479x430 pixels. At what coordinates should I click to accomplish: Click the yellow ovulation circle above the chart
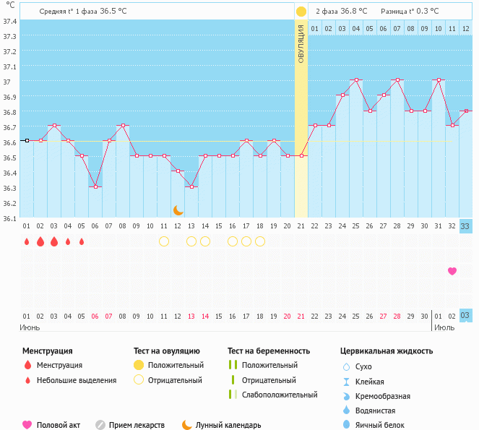pyautogui.click(x=301, y=12)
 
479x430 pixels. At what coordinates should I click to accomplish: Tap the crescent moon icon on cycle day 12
pyautogui.click(x=178, y=210)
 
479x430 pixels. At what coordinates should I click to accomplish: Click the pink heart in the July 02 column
pyautogui.click(x=452, y=271)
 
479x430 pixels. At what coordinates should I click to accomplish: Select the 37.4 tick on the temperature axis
pyautogui.click(x=10, y=20)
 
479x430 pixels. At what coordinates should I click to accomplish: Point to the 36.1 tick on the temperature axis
pyautogui.click(x=10, y=218)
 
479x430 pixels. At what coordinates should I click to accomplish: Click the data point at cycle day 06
pyautogui.click(x=95, y=186)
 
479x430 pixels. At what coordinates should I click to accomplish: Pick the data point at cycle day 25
pyautogui.click(x=355, y=79)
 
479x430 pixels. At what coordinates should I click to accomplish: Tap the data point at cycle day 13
pyautogui.click(x=191, y=186)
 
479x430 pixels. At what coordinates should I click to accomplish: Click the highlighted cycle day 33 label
pyautogui.click(x=465, y=226)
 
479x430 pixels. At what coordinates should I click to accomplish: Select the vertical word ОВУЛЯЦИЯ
pyautogui.click(x=301, y=43)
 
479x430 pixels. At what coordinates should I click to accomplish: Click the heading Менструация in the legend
pyautogui.click(x=48, y=351)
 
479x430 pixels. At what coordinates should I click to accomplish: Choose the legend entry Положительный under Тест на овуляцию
pyautogui.click(x=176, y=366)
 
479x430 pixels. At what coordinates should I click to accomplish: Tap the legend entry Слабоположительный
pyautogui.click(x=280, y=395)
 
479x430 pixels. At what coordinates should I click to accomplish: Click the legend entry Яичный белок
pyautogui.click(x=380, y=426)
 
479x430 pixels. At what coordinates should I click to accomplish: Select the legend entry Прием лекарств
pyautogui.click(x=137, y=426)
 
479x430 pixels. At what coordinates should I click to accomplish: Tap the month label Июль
pyautogui.click(x=444, y=327)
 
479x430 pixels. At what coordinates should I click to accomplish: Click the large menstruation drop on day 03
pyautogui.click(x=54, y=241)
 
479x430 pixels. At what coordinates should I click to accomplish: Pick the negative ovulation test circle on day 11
pyautogui.click(x=164, y=241)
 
